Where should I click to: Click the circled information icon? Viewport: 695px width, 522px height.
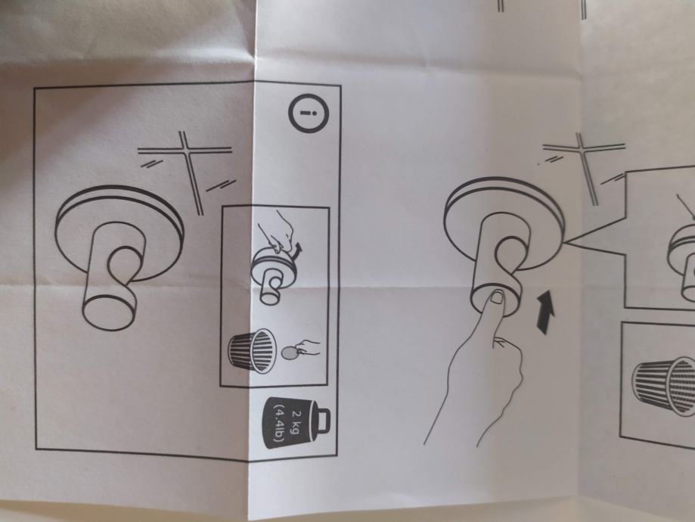[309, 113]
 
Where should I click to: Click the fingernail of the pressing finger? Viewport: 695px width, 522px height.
[498, 297]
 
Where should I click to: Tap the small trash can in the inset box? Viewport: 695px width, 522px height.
[252, 351]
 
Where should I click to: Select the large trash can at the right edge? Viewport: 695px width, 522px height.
[663, 386]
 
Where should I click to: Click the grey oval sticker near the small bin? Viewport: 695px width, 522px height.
[290, 353]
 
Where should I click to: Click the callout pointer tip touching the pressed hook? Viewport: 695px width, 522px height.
[566, 242]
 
